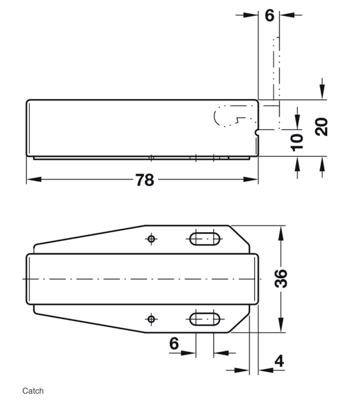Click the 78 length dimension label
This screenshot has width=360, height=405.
click(x=145, y=180)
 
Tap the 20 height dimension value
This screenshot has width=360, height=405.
click(x=322, y=127)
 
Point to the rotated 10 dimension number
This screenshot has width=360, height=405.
click(x=297, y=142)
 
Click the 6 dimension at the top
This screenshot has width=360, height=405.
click(x=270, y=15)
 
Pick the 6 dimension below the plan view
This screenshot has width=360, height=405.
click(x=174, y=343)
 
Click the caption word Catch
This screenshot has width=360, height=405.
click(x=33, y=391)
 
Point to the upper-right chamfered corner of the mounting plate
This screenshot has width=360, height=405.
click(x=239, y=235)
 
